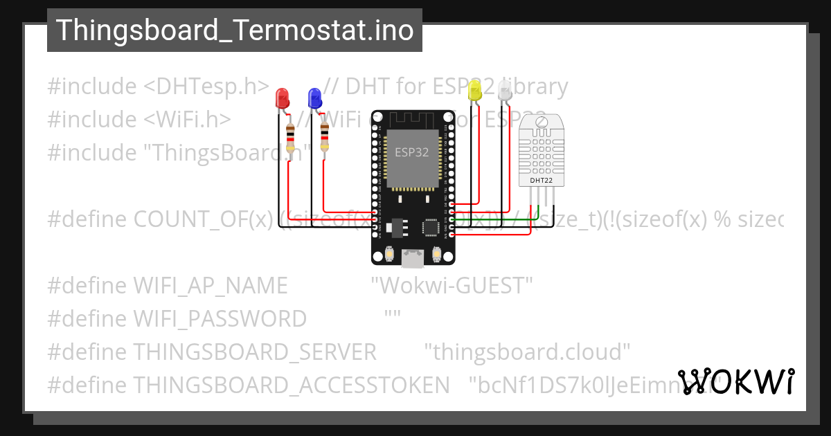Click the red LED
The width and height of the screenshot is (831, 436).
pyautogui.click(x=282, y=98)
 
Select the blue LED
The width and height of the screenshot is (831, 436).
pyautogui.click(x=314, y=98)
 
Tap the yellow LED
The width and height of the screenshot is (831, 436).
pyautogui.click(x=474, y=91)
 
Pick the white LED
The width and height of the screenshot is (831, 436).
pyautogui.click(x=505, y=91)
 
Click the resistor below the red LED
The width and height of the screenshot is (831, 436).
pyautogui.click(x=291, y=137)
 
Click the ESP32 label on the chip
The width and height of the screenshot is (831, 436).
pyautogui.click(x=412, y=152)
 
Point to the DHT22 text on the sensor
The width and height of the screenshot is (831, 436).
pyautogui.click(x=542, y=181)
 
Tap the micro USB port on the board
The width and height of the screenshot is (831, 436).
pyautogui.click(x=413, y=259)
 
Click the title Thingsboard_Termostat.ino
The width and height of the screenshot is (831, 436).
pyautogui.click(x=235, y=30)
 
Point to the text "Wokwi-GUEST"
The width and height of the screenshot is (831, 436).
pyautogui.click(x=452, y=285)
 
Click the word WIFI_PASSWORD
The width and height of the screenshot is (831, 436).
pyautogui.click(x=220, y=318)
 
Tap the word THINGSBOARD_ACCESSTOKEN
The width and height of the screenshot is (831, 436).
pyautogui.click(x=291, y=385)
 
